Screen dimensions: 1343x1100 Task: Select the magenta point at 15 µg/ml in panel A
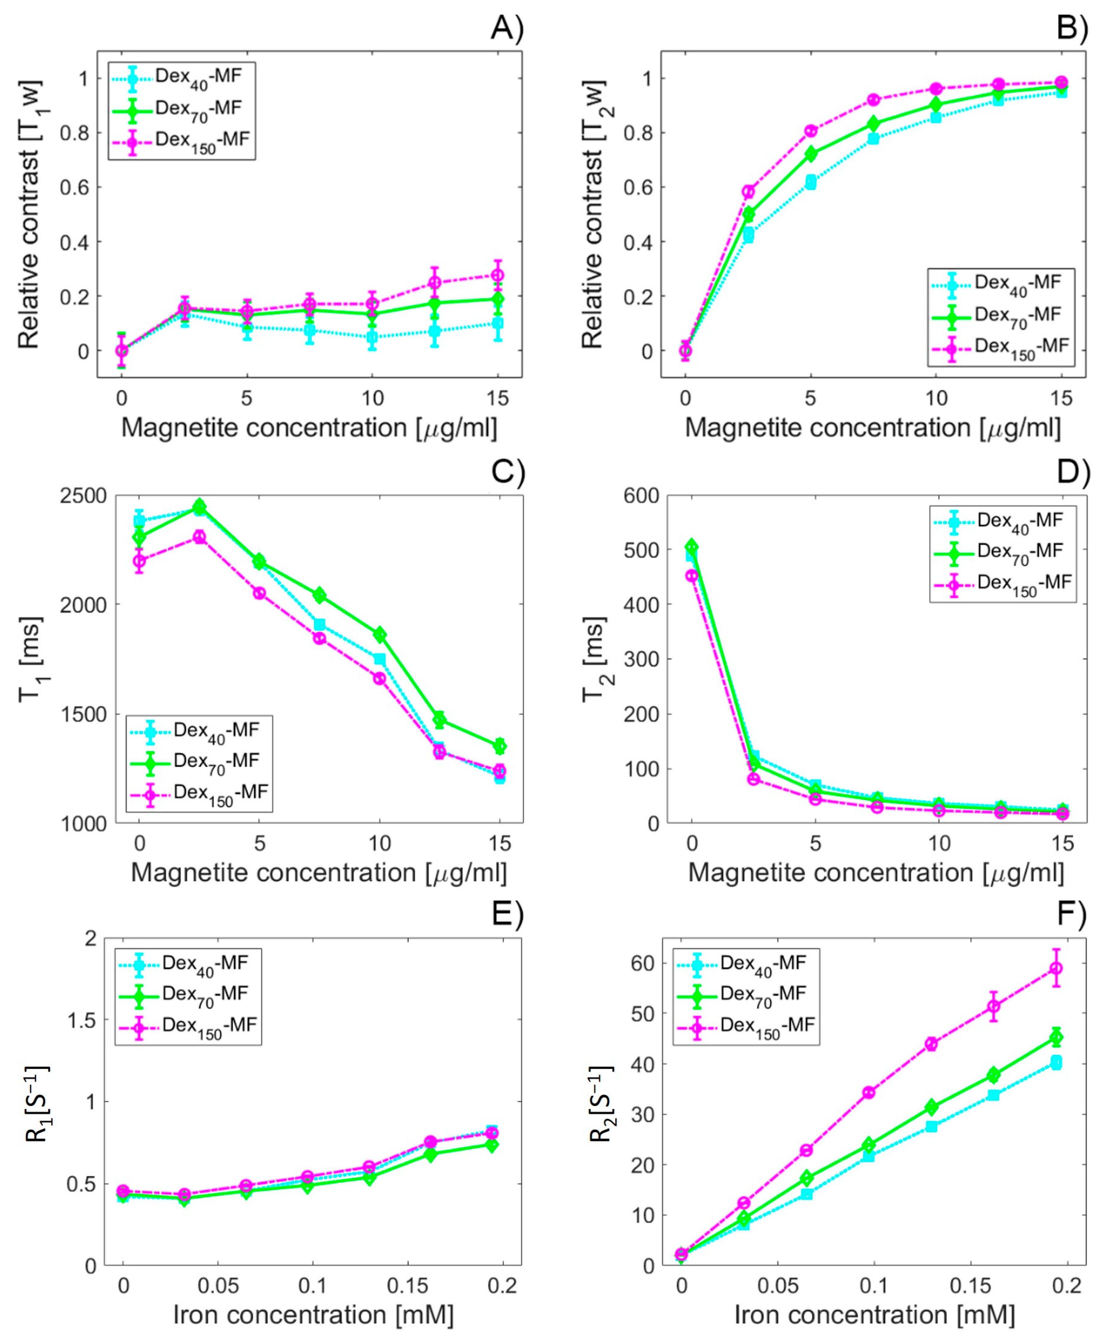(x=498, y=275)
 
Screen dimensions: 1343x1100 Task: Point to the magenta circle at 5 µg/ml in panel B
(x=810, y=131)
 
